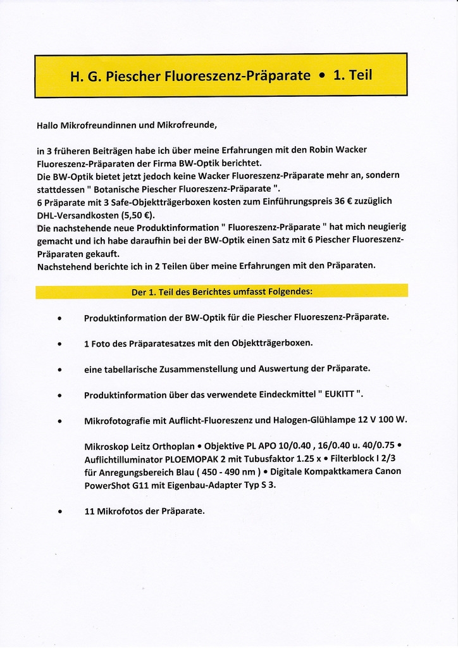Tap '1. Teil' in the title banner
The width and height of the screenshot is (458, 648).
click(x=352, y=75)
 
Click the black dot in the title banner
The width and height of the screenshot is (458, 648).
click(x=322, y=76)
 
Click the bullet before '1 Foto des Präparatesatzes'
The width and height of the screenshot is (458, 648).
click(x=59, y=345)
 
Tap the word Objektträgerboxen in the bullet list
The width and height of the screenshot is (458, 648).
click(x=273, y=343)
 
